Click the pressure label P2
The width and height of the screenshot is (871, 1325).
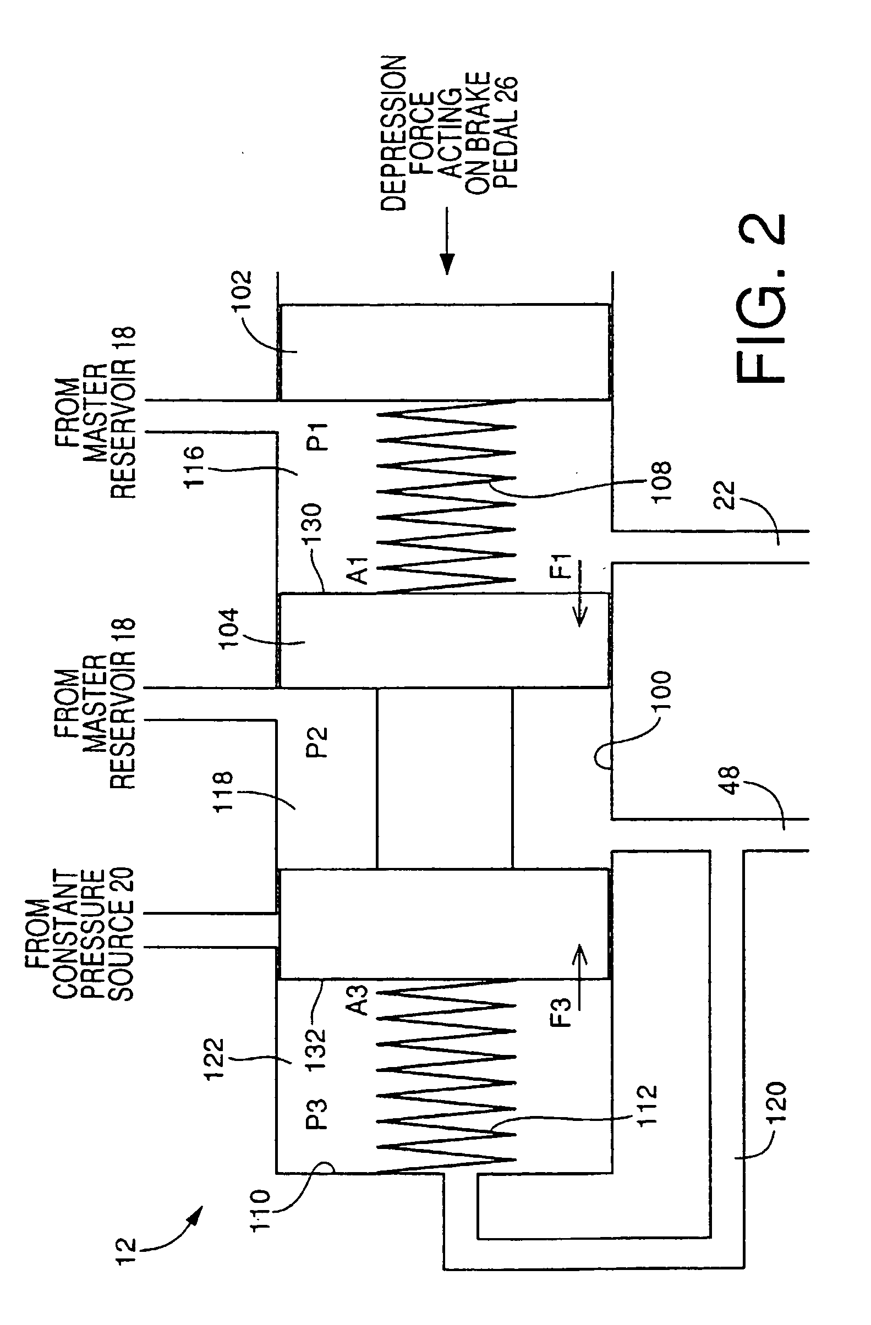click(318, 743)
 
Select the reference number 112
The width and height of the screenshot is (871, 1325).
click(648, 1106)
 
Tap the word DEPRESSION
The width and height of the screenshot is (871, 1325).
click(394, 133)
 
